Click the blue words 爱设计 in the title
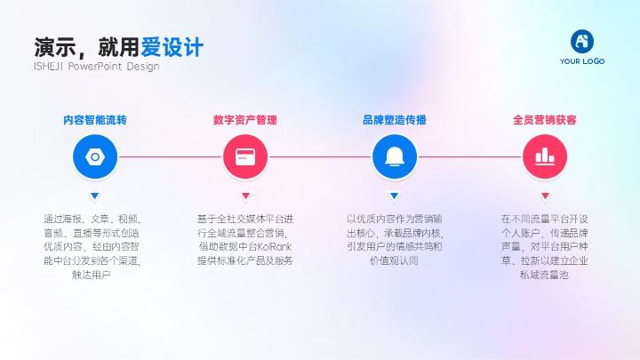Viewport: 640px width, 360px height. click(x=172, y=47)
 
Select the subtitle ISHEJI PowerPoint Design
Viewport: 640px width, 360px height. click(x=97, y=66)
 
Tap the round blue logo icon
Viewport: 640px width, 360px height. click(x=582, y=41)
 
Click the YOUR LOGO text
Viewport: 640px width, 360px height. click(x=582, y=61)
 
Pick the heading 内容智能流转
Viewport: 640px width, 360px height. click(x=95, y=120)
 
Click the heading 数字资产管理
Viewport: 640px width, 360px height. click(x=245, y=120)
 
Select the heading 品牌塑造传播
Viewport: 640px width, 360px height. click(x=395, y=120)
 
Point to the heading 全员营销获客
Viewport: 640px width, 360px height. click(x=545, y=120)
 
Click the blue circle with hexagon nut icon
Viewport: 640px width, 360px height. click(x=95, y=156)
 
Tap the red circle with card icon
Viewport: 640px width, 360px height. click(x=245, y=156)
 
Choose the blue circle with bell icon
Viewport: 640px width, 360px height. click(x=395, y=156)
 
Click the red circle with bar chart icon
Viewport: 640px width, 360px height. click(x=545, y=156)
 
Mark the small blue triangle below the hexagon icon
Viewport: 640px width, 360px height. click(x=95, y=196)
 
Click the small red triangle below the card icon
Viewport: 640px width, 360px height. click(x=245, y=196)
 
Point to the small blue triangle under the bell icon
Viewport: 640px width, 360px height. click(x=395, y=196)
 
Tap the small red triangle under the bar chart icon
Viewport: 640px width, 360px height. click(x=545, y=196)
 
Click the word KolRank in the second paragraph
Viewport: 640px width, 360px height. click(x=275, y=246)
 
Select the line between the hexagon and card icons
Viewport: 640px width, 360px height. click(x=170, y=156)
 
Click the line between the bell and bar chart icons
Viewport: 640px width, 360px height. click(x=470, y=156)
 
